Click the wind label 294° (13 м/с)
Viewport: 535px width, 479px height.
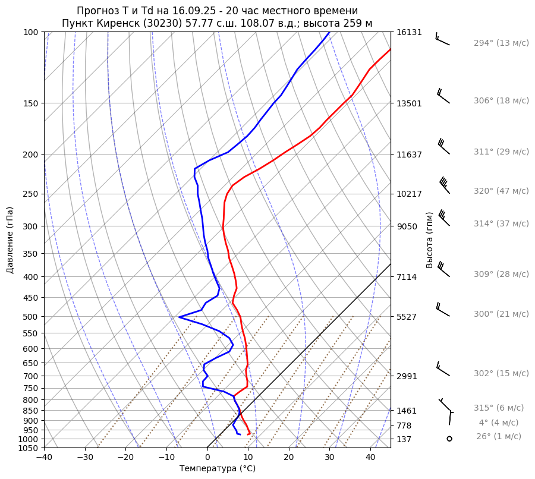(x=501, y=43)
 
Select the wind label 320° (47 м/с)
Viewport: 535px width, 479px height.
(x=501, y=191)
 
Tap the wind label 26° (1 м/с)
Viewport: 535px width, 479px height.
(x=498, y=437)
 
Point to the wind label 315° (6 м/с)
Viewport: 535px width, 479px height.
(x=499, y=408)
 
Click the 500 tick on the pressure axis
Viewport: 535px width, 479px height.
(x=31, y=317)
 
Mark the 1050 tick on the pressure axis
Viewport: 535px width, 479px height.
(x=29, y=448)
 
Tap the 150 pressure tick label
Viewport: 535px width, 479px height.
(x=31, y=103)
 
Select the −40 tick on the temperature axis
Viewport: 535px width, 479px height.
(x=44, y=458)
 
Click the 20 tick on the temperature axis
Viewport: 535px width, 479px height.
(x=289, y=458)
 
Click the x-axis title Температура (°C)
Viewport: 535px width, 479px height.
(x=218, y=469)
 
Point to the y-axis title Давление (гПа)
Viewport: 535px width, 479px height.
(x=10, y=240)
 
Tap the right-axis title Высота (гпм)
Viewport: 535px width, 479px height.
(x=430, y=239)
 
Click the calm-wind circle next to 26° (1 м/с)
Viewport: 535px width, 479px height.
(x=449, y=439)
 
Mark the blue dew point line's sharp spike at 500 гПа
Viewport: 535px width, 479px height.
(x=180, y=317)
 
